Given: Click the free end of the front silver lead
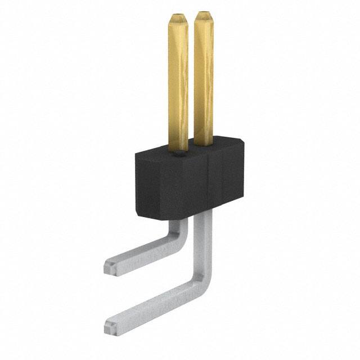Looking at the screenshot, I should (x=111, y=325).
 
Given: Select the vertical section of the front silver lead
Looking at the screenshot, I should (x=203, y=242).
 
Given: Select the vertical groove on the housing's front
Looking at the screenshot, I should (x=209, y=186).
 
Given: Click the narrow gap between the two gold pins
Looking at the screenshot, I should (x=191, y=84).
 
